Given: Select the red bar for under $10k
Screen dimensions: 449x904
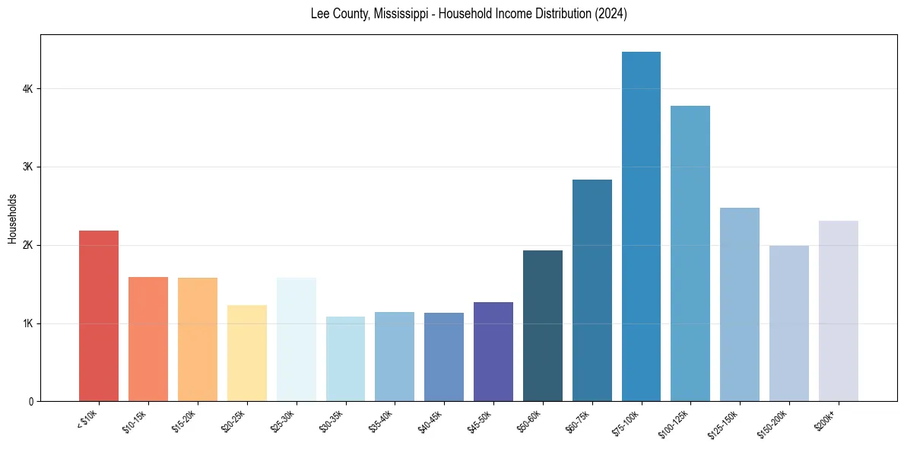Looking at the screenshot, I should coord(99,316).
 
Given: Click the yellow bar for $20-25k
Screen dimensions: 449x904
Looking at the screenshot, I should coord(247,353).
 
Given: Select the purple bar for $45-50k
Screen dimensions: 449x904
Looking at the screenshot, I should coord(493,352).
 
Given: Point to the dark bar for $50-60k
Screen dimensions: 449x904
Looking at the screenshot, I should coord(543,326).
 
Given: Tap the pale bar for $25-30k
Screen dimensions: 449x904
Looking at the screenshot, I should coord(297,339).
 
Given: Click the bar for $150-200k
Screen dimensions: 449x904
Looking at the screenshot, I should coord(789,323).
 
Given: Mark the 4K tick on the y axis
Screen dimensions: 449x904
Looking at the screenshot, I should coord(29,89).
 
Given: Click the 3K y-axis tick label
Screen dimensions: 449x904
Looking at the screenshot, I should coord(29,167).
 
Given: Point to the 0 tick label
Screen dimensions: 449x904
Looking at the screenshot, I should coord(31,402).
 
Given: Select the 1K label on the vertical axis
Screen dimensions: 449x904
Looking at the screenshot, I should coord(29,323).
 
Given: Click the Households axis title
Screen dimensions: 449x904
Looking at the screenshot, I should coord(12,219).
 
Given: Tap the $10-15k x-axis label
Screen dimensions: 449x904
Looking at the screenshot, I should coord(135,421).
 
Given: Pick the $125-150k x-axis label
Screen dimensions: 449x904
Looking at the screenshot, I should coord(725,423).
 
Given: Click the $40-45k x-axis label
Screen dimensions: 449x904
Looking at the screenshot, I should coord(431,421).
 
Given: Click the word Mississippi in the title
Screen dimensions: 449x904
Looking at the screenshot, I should coord(408,14).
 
